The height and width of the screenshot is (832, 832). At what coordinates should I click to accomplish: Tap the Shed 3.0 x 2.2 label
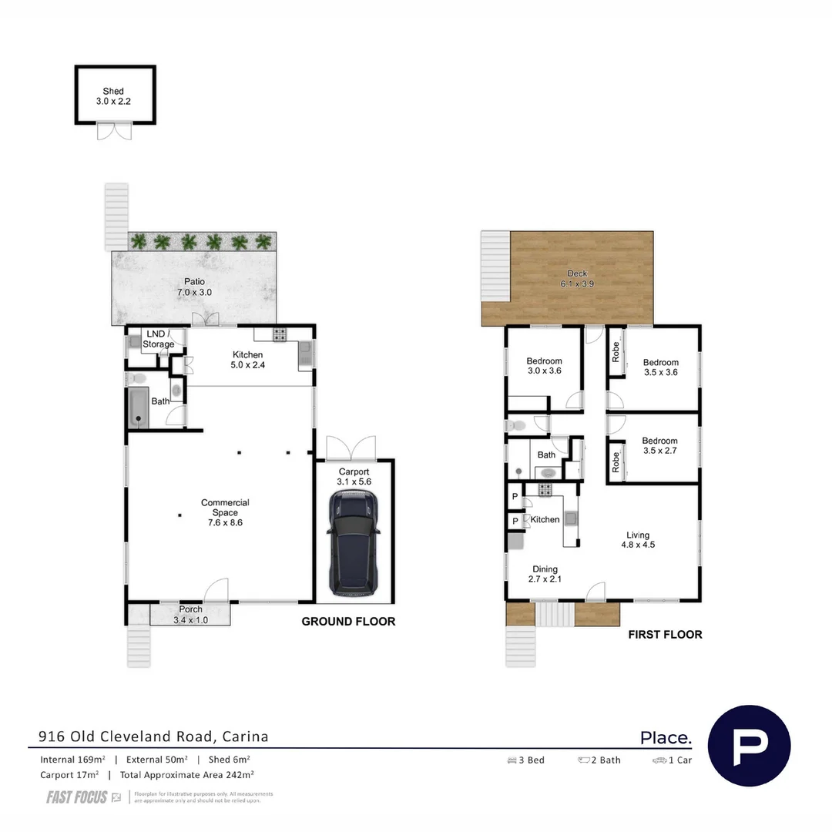[113, 96]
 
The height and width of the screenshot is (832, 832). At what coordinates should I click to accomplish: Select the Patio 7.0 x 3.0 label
[193, 287]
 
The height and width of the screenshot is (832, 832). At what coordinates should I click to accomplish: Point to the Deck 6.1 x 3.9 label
[577, 278]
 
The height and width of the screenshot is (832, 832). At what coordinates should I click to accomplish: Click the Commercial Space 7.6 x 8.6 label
[225, 512]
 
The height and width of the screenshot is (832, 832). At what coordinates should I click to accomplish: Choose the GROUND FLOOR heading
[348, 622]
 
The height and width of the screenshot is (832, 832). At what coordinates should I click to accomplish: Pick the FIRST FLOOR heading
[665, 635]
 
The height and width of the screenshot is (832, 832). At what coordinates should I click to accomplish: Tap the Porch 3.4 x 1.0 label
[190, 614]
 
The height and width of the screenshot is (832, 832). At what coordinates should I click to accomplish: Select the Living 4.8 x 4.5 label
[638, 539]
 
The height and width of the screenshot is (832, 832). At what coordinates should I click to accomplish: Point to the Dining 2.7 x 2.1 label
[545, 575]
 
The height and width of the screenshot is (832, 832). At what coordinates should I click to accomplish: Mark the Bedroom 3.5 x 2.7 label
[660, 446]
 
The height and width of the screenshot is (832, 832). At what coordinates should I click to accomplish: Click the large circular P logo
[749, 746]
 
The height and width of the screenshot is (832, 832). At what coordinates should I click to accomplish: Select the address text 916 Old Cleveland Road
[153, 736]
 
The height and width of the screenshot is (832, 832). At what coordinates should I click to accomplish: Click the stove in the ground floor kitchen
[280, 335]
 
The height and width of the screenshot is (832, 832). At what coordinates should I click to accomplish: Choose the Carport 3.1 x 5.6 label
[354, 477]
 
